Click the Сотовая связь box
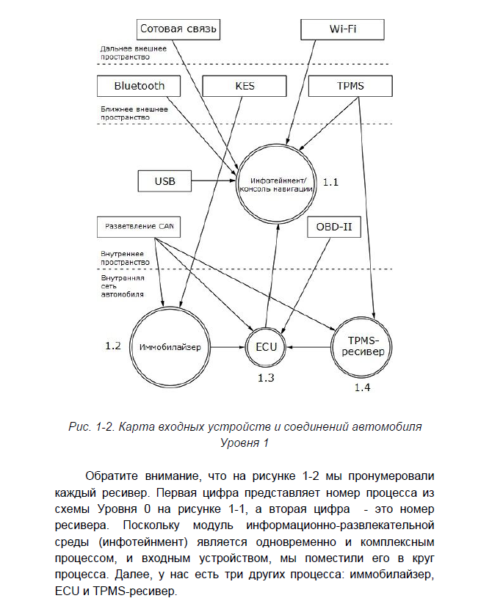(x=179, y=30)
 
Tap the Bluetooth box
(x=140, y=86)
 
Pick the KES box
(x=245, y=86)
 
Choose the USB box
(x=165, y=181)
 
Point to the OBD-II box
(x=335, y=227)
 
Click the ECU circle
(x=267, y=345)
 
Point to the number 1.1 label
(x=331, y=181)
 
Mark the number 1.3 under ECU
(x=265, y=377)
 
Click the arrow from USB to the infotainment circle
(x=212, y=181)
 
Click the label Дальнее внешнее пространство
(x=134, y=52)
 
